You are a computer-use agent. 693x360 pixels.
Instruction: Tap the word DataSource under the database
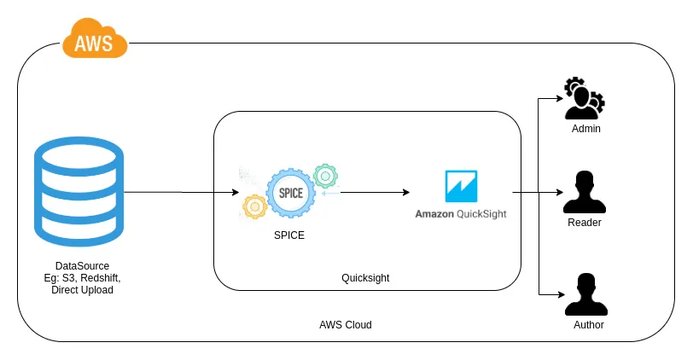[82, 266]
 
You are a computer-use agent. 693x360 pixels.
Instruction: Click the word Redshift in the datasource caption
[101, 278]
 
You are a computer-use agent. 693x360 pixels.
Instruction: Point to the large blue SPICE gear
[291, 193]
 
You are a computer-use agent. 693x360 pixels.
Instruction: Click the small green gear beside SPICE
[325, 177]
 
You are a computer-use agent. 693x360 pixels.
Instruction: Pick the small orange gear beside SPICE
[254, 206]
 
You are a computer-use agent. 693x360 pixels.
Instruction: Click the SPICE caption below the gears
[289, 235]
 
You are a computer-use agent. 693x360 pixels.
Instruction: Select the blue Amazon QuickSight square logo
[461, 186]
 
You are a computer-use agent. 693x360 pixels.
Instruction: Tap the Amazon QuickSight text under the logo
[461, 213]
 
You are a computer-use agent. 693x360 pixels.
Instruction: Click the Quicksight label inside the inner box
[365, 278]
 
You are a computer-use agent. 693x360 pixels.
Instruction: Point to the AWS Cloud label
[346, 325]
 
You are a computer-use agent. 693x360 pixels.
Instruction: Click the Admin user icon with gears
[584, 99]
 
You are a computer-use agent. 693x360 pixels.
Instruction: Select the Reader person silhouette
[585, 193]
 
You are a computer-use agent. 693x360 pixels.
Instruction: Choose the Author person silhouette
[585, 295]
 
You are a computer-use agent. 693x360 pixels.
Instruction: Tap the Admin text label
[586, 129]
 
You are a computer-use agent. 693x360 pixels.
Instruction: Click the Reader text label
[585, 223]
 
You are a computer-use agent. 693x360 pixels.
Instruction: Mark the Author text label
[588, 325]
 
